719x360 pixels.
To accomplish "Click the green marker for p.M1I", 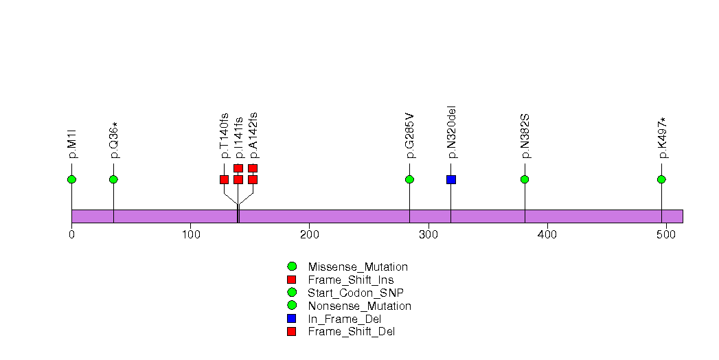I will [x=71, y=179].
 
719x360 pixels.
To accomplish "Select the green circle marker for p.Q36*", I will [x=113, y=179].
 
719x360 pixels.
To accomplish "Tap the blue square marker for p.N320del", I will [x=451, y=179].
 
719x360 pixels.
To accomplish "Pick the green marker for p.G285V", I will [x=409, y=179].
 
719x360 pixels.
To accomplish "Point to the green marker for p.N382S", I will [x=525, y=179].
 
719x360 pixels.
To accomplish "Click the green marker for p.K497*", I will [x=661, y=179].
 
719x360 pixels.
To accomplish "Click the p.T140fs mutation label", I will [x=225, y=135].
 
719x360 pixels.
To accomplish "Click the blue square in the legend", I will [x=292, y=319].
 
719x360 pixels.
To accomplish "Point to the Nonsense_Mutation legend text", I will [x=360, y=306].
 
